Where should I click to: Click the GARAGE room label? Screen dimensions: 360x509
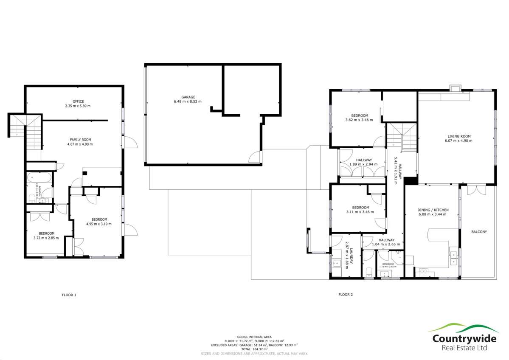(x=188, y=97)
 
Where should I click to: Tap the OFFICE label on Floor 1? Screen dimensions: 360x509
(x=78, y=101)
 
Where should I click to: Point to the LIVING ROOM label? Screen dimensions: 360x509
(x=459, y=136)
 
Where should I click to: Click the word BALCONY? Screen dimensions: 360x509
(x=478, y=232)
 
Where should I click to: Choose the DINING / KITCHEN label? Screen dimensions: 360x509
(x=433, y=210)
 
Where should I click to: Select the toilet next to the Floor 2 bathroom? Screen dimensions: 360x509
(x=369, y=270)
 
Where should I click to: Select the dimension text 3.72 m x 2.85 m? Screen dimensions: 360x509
(x=47, y=238)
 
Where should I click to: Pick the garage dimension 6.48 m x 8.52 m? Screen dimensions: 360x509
(x=188, y=101)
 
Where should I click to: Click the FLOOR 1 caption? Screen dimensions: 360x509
(x=69, y=295)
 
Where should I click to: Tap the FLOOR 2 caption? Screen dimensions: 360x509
(x=345, y=295)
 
